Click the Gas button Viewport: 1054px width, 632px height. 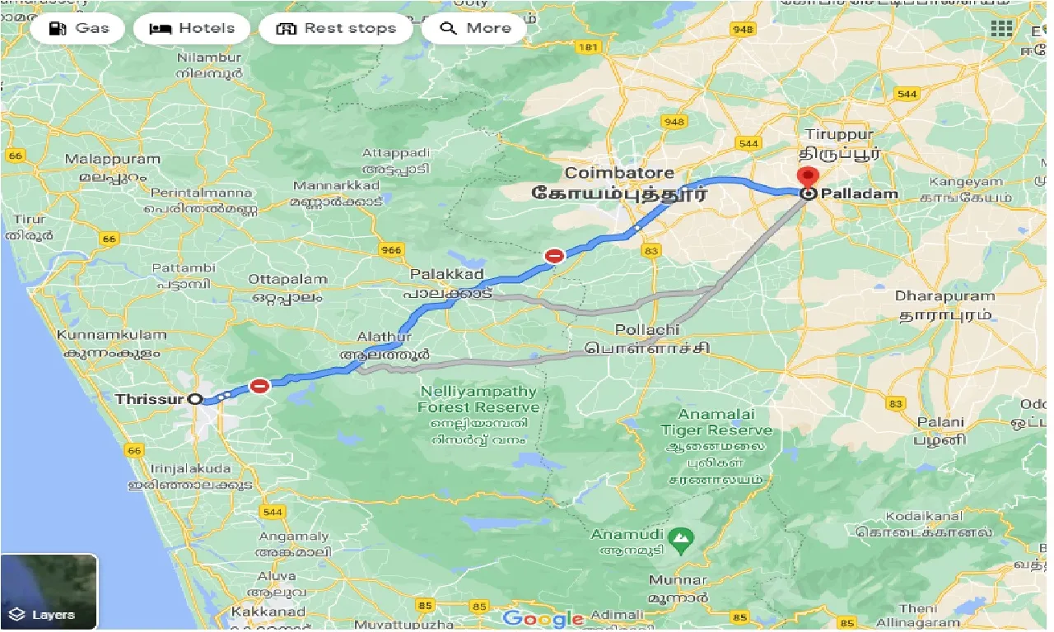coord(78,29)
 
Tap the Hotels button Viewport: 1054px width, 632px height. coord(192,29)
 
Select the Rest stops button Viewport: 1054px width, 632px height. coord(336,29)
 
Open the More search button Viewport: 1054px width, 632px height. coord(475,29)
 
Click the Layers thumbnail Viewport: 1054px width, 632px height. coord(49,592)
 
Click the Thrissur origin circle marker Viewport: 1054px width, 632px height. coord(195,399)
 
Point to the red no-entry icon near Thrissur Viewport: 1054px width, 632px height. coord(260,385)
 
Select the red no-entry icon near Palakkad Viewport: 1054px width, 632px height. coord(555,256)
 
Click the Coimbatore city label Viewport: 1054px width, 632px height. coord(619,174)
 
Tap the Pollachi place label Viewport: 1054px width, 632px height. coord(647,330)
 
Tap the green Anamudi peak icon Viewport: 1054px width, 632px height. coord(681,540)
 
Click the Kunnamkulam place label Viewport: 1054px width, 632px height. coord(111,336)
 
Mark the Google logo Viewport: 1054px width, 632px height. coord(543,619)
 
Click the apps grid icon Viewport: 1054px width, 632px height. coord(1001,29)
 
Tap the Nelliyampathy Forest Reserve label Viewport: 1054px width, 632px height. coord(478,399)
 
